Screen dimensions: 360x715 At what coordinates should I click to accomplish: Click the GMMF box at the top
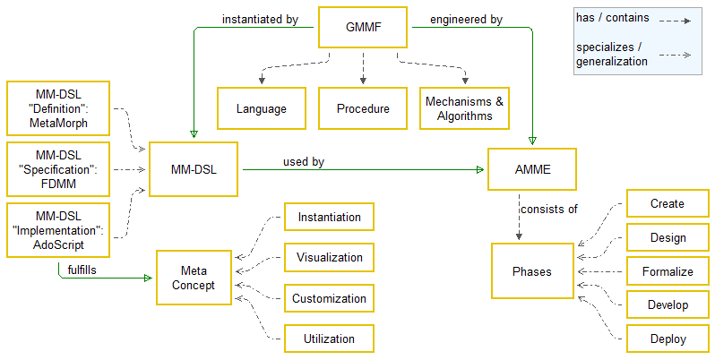[x=363, y=29]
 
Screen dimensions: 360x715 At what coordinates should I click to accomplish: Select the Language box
[x=261, y=108]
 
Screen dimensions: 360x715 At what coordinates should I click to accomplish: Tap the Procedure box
[x=363, y=108]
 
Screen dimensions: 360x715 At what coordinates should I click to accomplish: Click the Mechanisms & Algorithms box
[x=465, y=108]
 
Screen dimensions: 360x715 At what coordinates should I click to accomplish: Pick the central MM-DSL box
[x=193, y=168]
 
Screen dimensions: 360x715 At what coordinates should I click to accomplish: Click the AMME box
[x=532, y=168]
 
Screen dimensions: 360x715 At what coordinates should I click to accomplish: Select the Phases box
[x=532, y=271]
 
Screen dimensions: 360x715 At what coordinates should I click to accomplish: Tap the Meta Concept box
[x=198, y=278]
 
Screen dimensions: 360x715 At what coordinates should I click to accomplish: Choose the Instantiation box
[x=329, y=217]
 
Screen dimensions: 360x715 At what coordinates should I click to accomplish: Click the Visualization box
[x=329, y=258]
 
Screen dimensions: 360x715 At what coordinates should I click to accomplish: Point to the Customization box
[x=329, y=298]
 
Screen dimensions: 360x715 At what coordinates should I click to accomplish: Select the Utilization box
[x=329, y=339]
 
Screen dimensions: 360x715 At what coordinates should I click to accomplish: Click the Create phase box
[x=668, y=203]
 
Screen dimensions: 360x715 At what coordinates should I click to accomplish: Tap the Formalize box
[x=668, y=271]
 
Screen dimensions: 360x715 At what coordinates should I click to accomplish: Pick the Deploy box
[x=668, y=339]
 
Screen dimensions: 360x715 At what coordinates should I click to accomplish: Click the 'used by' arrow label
[x=304, y=161]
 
